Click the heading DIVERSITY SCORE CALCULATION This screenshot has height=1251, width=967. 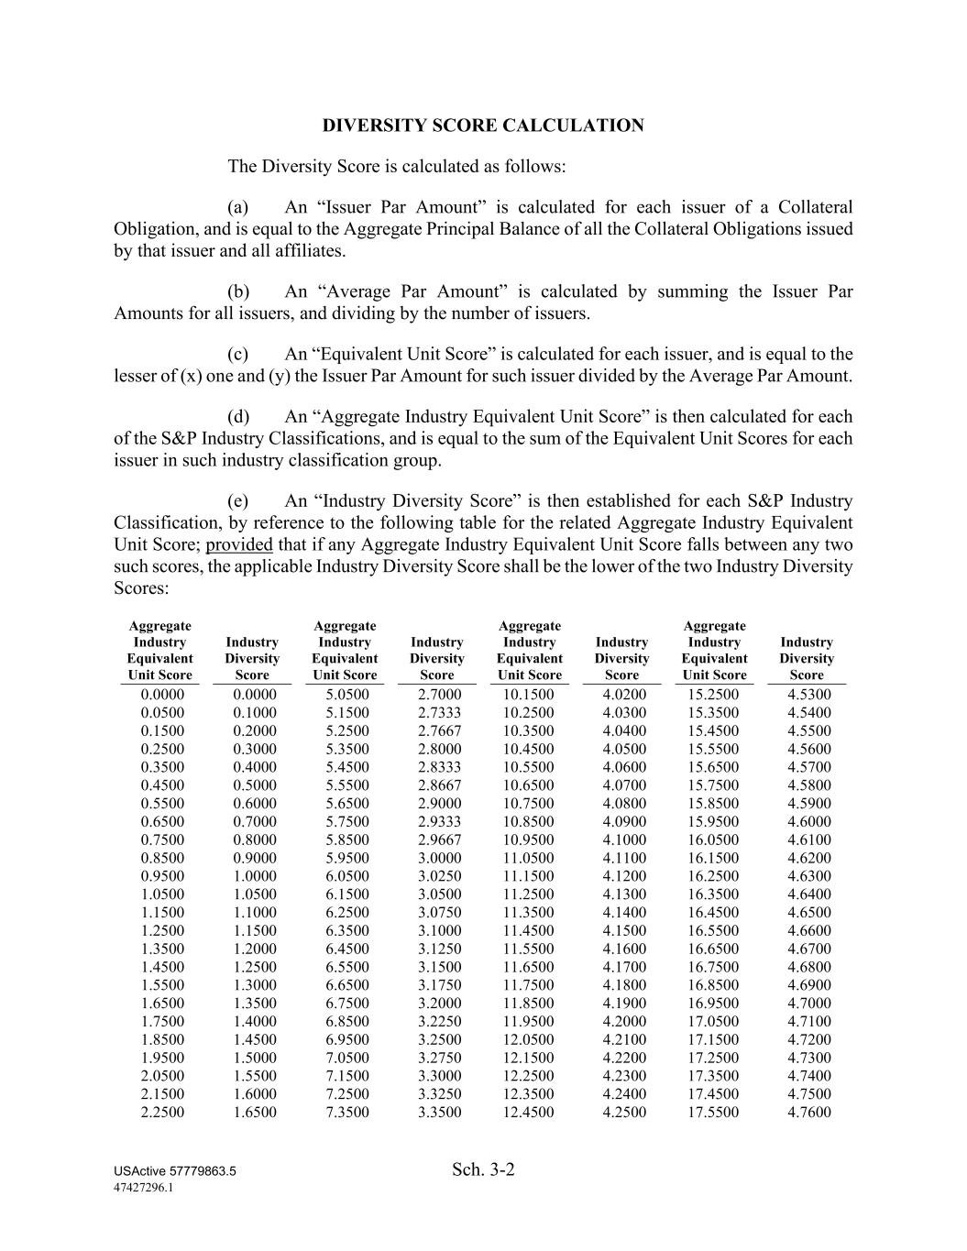pos(483,126)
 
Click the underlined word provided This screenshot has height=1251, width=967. pos(239,545)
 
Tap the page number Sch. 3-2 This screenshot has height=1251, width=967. pos(483,1169)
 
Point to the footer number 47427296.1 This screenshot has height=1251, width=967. pos(143,1188)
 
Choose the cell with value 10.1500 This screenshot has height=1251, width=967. pos(529,695)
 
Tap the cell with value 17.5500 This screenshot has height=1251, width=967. pos(714,1113)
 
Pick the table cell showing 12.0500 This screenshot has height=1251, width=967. pos(529,1039)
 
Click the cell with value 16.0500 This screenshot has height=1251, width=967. pos(714,839)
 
